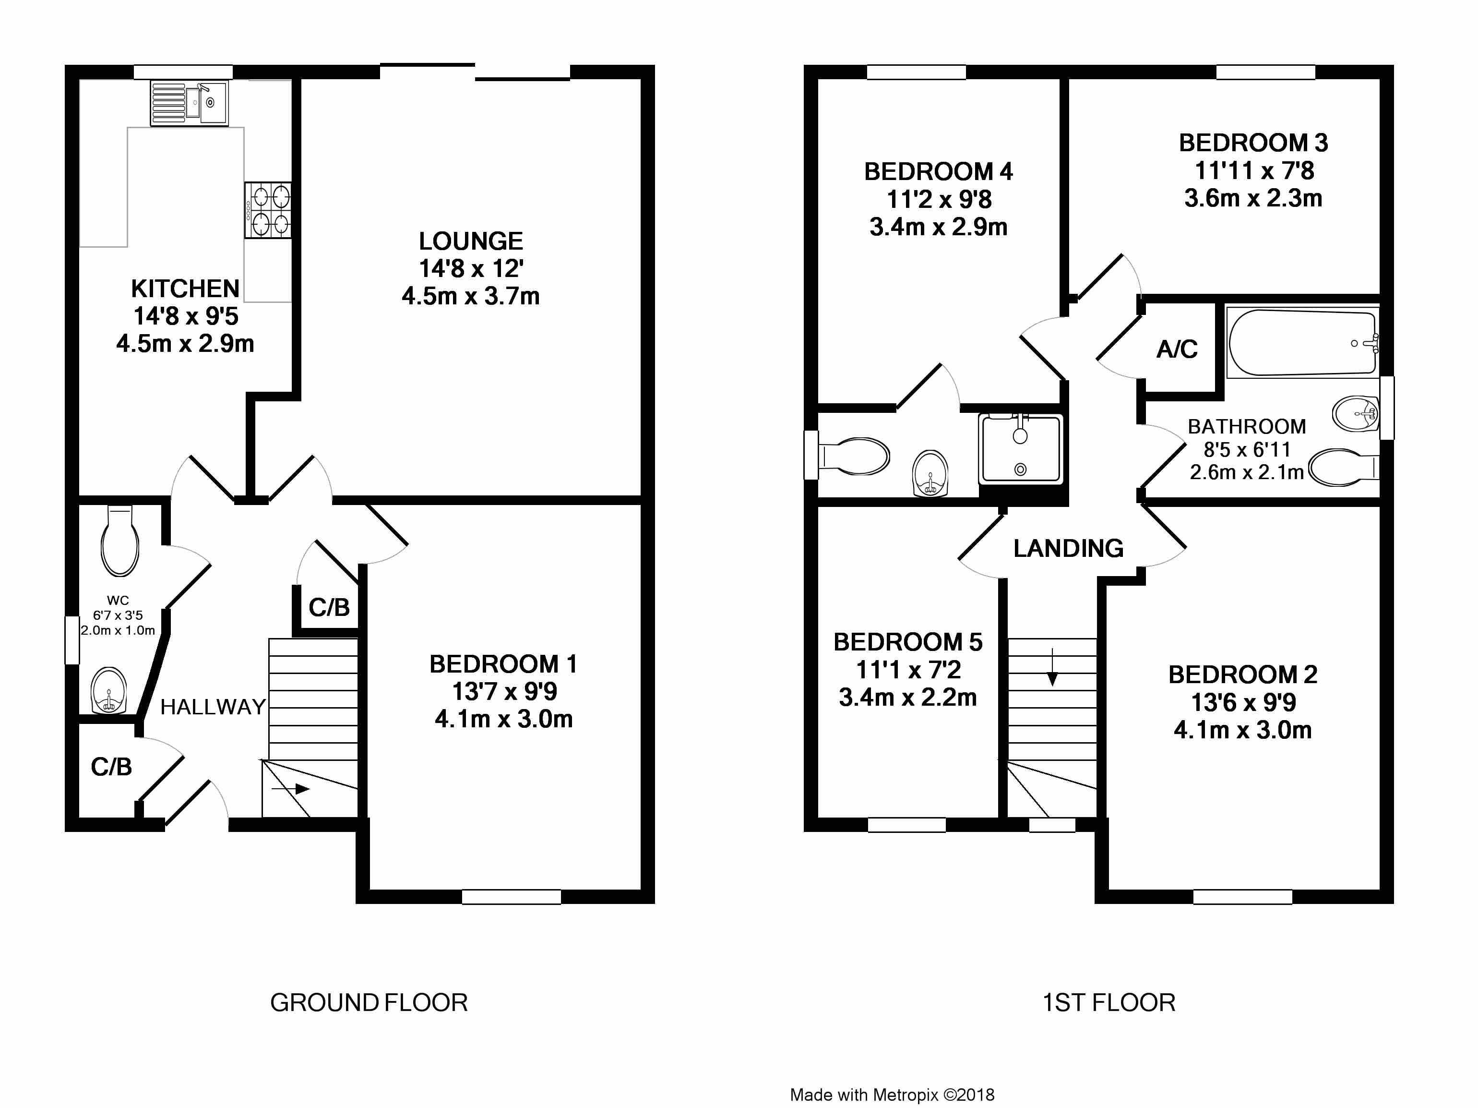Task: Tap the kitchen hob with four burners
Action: [x=268, y=210]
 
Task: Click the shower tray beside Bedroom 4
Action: [x=1020, y=449]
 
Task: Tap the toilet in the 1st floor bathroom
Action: [x=1343, y=467]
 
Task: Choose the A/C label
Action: [x=1177, y=349]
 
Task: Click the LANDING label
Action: [x=1068, y=548]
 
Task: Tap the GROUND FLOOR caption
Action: [x=369, y=1002]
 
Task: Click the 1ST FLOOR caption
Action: [x=1109, y=1002]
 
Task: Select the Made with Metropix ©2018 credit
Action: [x=892, y=1095]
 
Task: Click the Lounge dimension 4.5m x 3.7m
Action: [x=470, y=296]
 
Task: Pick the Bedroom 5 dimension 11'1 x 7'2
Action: [x=908, y=670]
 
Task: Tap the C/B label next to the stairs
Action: [x=329, y=607]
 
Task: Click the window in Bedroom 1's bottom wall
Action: [x=511, y=897]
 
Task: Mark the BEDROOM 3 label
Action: [x=1253, y=143]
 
